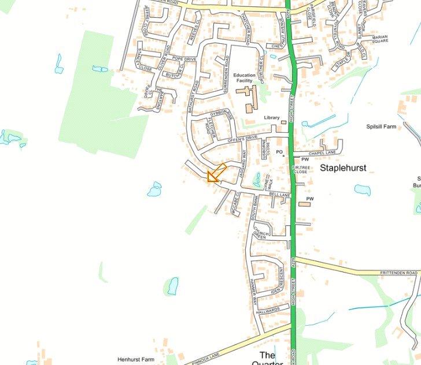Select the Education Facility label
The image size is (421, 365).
pos(248,78)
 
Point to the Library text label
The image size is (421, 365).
pos(272,118)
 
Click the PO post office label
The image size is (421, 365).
pos(279,152)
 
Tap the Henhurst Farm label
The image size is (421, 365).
pos(136,359)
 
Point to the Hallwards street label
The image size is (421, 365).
pos(268,310)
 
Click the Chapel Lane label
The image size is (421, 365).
pos(322,153)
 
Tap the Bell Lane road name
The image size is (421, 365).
pos(279,196)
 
